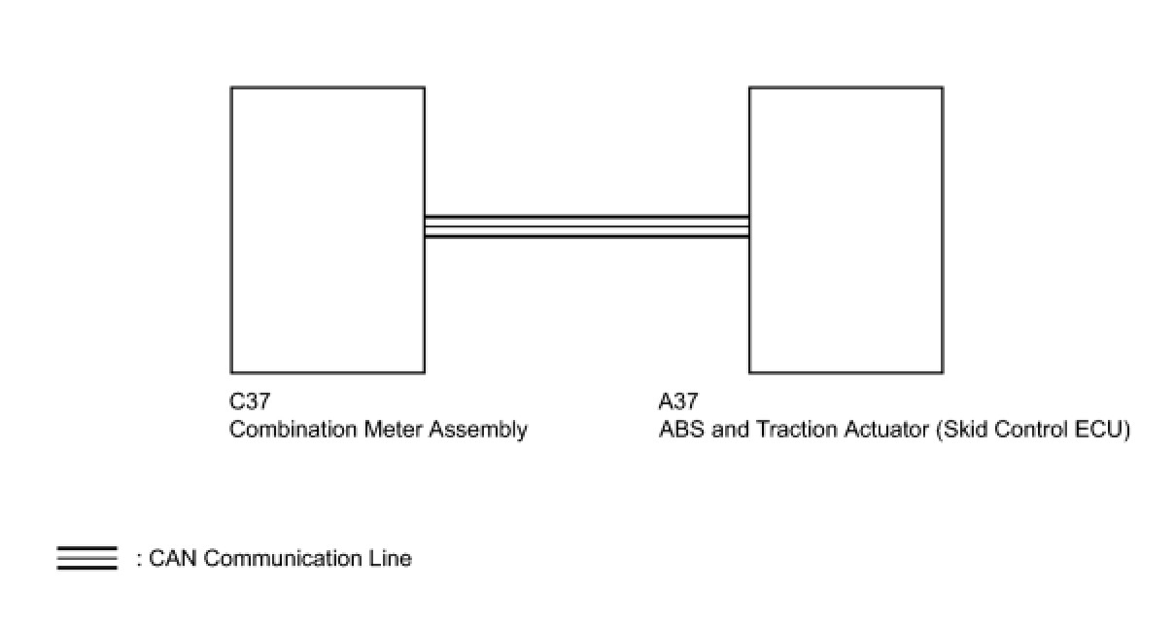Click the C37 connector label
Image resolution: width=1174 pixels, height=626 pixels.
250,401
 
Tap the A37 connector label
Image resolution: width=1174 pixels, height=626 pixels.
678,401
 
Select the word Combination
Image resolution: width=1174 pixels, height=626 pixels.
293,430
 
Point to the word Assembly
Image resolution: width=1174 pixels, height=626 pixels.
478,431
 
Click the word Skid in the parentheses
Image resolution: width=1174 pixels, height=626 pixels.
962,431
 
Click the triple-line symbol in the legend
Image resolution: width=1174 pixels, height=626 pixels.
87,558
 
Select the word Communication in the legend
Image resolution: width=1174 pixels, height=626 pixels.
283,558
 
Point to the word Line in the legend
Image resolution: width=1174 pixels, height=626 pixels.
391,558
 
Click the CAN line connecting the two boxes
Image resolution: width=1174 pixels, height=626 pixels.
587,226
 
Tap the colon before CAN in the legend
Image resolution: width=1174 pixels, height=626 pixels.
139,560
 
